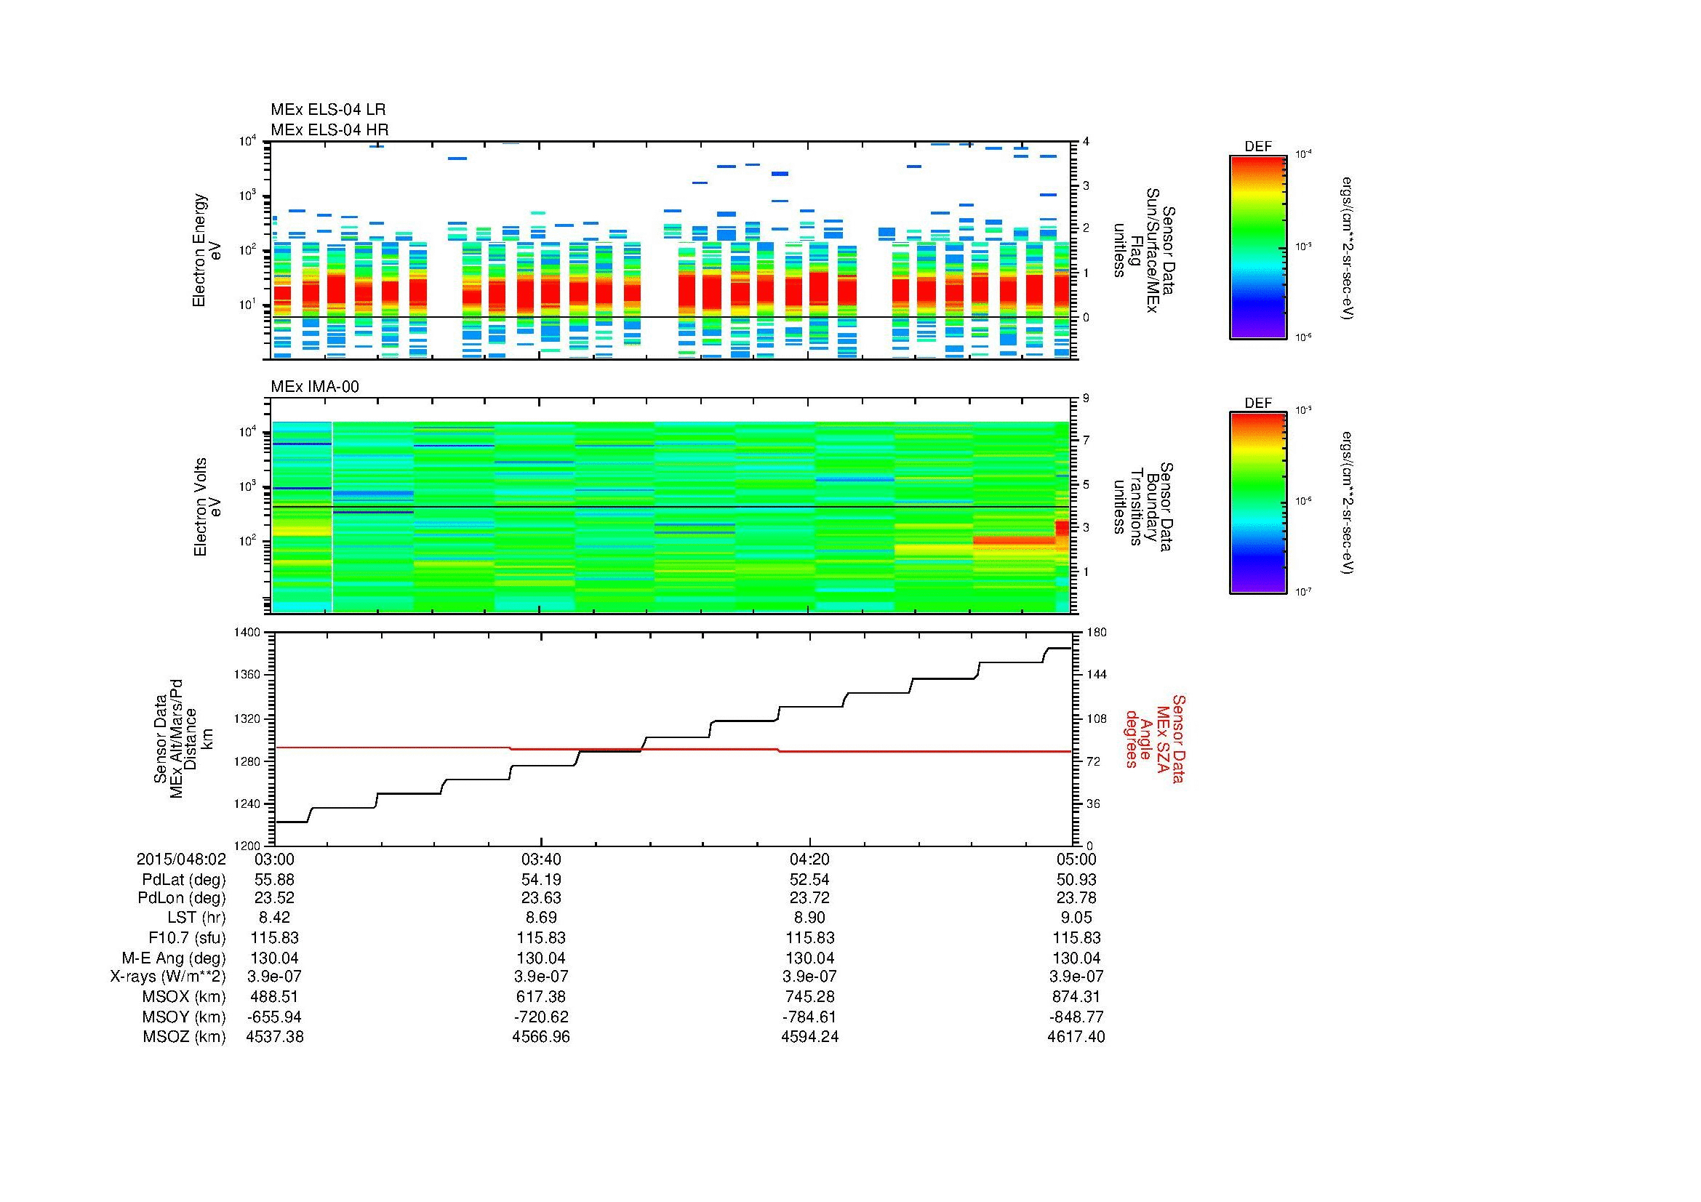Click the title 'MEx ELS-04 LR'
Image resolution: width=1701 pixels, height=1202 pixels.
click(x=328, y=111)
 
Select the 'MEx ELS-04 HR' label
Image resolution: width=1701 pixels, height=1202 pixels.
click(x=329, y=130)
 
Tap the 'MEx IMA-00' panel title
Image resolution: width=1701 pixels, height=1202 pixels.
click(x=315, y=387)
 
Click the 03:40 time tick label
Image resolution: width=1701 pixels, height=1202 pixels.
click(x=542, y=860)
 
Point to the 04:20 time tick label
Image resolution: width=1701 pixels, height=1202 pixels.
click(x=809, y=860)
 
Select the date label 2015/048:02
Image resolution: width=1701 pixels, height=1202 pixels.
click(x=181, y=860)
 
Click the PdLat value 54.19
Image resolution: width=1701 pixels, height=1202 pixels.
click(x=542, y=880)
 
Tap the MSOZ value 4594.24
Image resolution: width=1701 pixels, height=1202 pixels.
click(x=809, y=1037)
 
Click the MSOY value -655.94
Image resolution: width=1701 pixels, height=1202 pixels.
click(x=274, y=1017)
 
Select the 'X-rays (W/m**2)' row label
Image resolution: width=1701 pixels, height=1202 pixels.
click(x=168, y=977)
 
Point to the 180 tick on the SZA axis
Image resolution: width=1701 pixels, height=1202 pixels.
click(x=1096, y=633)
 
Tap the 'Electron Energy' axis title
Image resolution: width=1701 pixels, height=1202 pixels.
click(x=199, y=250)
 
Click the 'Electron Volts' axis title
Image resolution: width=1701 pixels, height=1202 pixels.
click(x=199, y=507)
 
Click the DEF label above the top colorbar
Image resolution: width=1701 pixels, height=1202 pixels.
click(x=1258, y=148)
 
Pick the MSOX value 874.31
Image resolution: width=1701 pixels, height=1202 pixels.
click(x=1076, y=997)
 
